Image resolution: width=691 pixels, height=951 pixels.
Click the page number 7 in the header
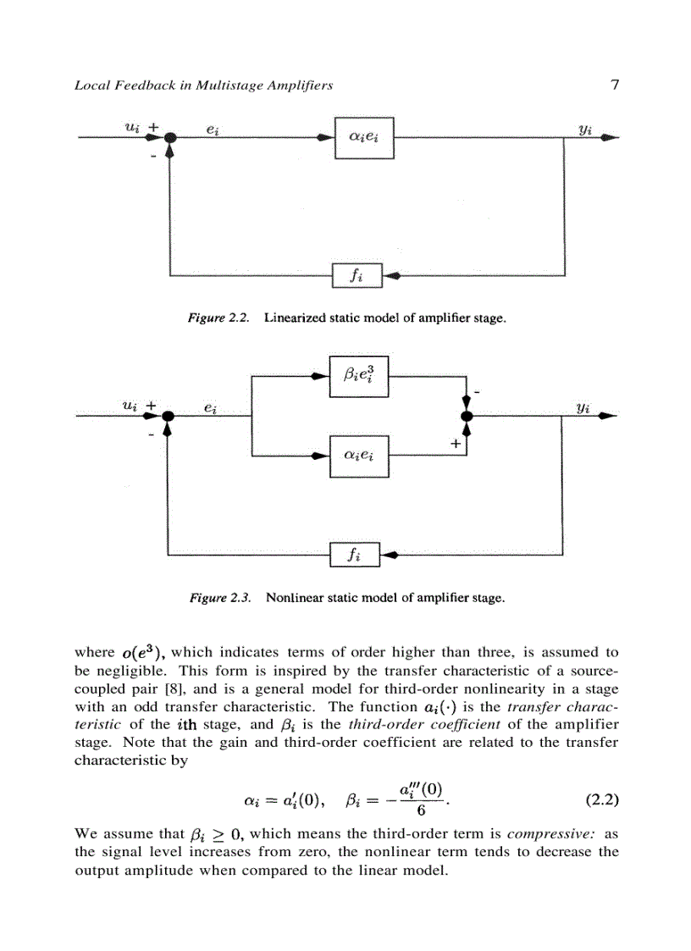pos(614,84)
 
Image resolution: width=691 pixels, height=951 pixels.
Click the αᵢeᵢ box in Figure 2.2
pos(363,138)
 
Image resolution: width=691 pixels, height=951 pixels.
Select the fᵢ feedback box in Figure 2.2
pos(358,275)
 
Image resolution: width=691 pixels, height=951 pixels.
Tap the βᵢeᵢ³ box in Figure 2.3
pos(359,374)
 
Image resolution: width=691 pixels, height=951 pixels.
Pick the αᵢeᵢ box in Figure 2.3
pos(359,456)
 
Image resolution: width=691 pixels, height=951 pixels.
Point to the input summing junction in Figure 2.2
pos(170,138)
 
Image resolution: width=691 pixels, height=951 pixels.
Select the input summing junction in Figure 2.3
pos(168,415)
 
